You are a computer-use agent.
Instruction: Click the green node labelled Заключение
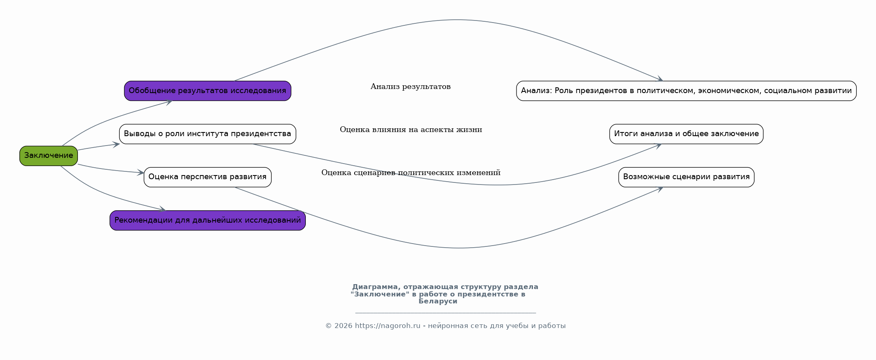coord(48,156)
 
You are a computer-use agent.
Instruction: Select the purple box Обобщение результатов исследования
coord(207,91)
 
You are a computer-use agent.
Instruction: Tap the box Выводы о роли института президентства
coord(207,134)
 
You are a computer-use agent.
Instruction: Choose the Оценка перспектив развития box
coord(207,177)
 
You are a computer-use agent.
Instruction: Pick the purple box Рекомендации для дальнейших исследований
coord(207,220)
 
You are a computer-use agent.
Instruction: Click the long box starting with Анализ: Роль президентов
coord(686,91)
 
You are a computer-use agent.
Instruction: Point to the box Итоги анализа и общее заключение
coord(686,134)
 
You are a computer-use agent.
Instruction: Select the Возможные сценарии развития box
coord(686,177)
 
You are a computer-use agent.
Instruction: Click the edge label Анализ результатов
coord(410,87)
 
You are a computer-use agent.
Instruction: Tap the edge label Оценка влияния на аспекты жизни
coord(411,130)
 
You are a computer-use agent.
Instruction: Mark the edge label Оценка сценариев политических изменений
coord(411,173)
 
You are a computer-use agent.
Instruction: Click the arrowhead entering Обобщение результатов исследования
coord(168,102)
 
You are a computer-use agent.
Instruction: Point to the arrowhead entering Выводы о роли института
coord(116,144)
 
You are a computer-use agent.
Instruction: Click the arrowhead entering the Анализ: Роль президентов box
coord(660,79)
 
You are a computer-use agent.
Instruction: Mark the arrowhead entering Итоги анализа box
coord(658,145)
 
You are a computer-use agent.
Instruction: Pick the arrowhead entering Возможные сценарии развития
coord(660,189)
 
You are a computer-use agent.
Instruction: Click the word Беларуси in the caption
coord(438,301)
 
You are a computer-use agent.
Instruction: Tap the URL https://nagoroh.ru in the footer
coord(387,326)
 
